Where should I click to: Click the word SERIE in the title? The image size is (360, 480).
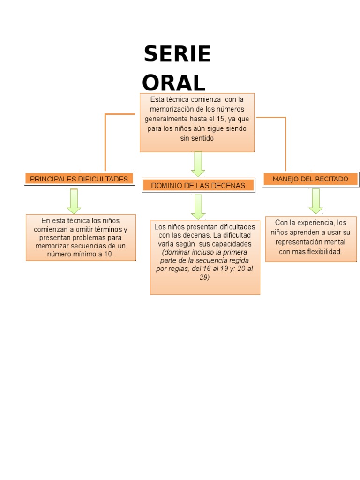[177, 54]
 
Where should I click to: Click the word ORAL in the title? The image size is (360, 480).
[174, 83]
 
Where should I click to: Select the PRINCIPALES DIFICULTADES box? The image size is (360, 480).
[79, 179]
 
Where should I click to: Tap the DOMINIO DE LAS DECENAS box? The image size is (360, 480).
[198, 186]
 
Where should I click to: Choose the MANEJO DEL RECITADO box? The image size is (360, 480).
[310, 179]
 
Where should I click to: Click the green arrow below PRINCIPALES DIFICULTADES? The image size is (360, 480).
[74, 201]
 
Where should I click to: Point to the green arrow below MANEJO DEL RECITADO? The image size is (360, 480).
[315, 201]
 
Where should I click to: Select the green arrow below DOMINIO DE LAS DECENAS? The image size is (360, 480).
[198, 207]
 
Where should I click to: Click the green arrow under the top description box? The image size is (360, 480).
[198, 164]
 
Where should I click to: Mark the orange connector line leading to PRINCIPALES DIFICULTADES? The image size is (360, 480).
[105, 141]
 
